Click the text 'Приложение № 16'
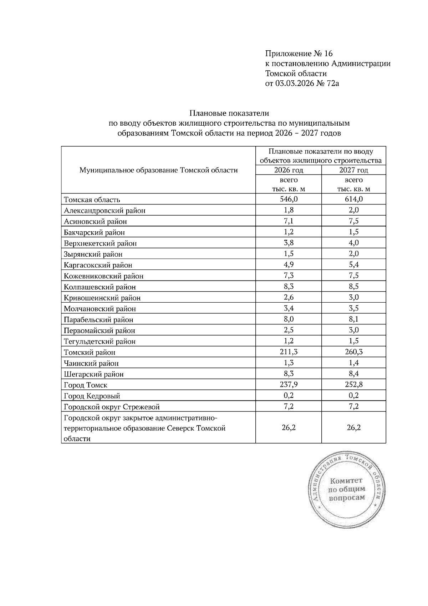point(299,54)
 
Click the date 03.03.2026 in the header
point(295,84)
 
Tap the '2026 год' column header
point(289,170)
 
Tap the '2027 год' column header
point(353,170)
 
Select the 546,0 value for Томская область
point(289,199)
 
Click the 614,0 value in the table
point(353,199)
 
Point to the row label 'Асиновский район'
point(95,222)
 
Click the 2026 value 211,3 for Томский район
point(289,352)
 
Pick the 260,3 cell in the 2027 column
point(353,352)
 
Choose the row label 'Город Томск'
point(85,385)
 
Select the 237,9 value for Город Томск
point(289,385)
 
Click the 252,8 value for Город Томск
point(353,385)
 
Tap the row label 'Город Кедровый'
point(92,396)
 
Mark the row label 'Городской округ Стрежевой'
point(111,407)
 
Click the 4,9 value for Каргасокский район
point(289,265)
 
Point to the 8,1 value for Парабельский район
point(353,319)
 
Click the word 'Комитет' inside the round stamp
point(346,481)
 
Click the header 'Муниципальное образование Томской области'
point(158,170)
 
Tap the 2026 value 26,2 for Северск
point(289,428)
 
